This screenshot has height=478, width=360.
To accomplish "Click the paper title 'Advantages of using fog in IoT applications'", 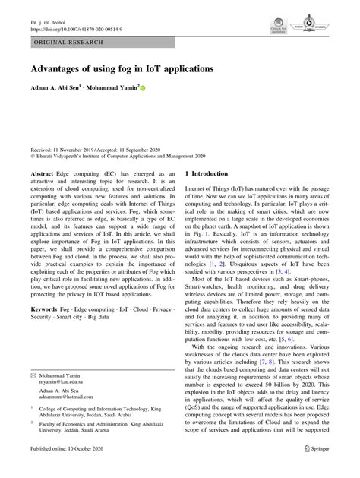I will point(122,68).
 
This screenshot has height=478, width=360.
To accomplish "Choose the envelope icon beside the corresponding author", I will point(33,375).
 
